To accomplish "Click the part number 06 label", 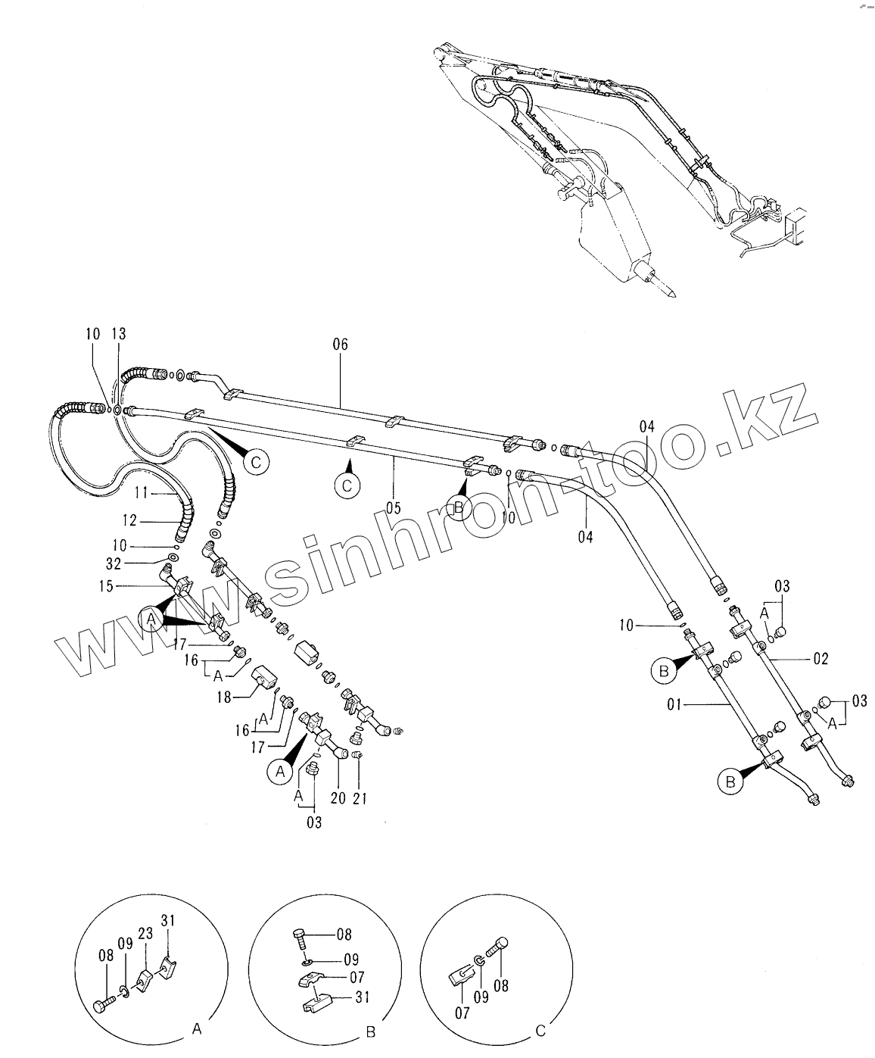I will point(340,345).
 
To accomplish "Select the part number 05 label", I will point(393,508).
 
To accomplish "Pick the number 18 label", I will point(224,698).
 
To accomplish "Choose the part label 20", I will point(338,798).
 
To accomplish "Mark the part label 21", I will point(360,798).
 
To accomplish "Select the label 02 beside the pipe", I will point(821,659).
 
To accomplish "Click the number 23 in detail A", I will point(146,934).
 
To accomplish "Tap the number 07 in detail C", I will point(462,1013).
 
